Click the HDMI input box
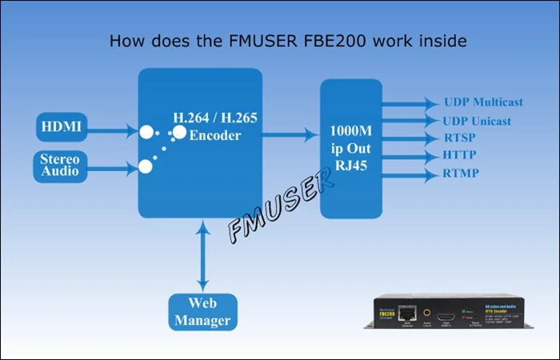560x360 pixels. (62, 127)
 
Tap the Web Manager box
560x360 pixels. (203, 311)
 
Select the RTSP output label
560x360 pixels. (460, 138)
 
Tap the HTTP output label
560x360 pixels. (461, 154)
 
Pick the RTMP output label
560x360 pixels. (462, 173)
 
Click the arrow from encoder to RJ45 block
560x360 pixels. (290, 134)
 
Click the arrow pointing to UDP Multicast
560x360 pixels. (408, 103)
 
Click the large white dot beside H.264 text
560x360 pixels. (180, 132)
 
